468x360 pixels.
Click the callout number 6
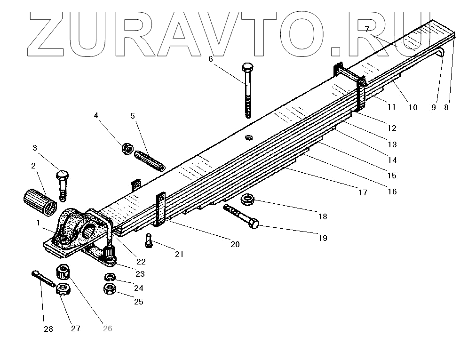point(210,59)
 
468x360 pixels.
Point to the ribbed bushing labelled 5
point(149,161)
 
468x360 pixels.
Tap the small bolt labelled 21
point(148,241)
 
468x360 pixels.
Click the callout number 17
point(363,192)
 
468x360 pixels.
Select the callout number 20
point(235,244)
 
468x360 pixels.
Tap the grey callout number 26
point(107,328)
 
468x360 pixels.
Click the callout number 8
point(446,107)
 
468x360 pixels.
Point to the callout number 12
point(392,128)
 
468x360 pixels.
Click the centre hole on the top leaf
point(249,137)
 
